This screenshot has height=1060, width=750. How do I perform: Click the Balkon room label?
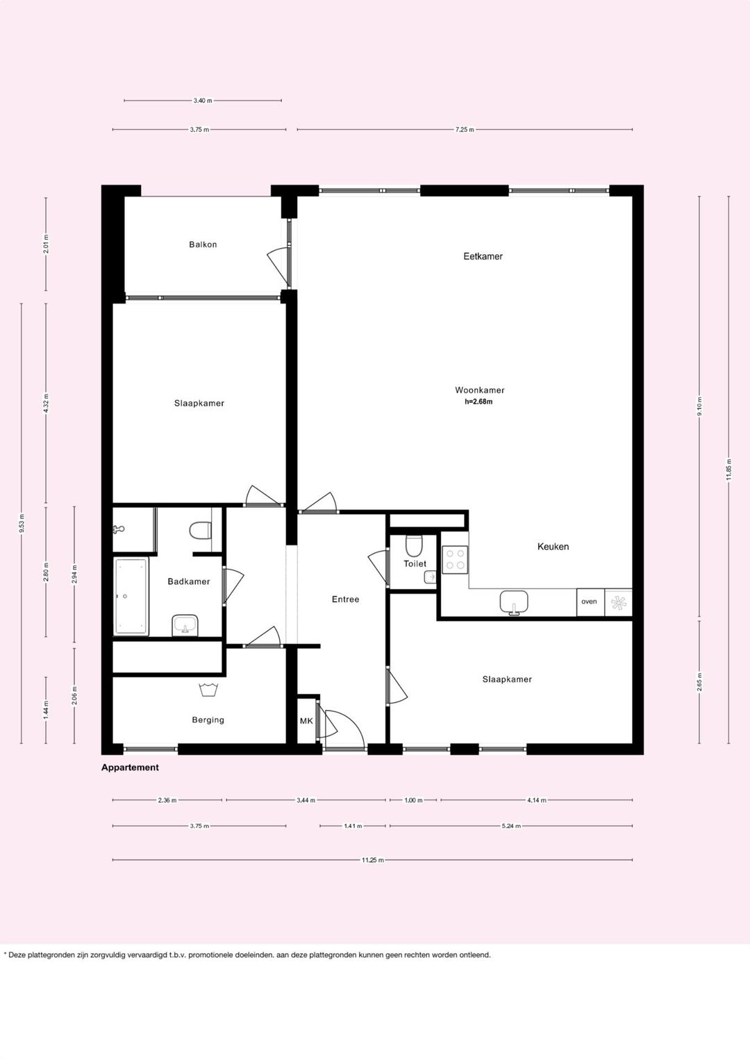(x=203, y=245)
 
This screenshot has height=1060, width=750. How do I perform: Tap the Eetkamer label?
(x=483, y=256)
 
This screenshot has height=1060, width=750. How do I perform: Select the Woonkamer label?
(x=480, y=390)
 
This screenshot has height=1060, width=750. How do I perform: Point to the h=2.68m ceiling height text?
(x=478, y=401)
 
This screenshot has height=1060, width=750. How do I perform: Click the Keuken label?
(x=553, y=547)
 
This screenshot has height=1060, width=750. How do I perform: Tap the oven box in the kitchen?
(x=590, y=602)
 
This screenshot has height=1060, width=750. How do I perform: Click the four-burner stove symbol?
(x=455, y=560)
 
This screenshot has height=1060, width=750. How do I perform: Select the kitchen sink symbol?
(x=514, y=602)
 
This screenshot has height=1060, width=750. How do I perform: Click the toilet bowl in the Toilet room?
(x=415, y=546)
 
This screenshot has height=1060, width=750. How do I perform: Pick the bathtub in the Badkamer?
(x=131, y=596)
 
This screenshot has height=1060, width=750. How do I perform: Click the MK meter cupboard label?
(x=306, y=721)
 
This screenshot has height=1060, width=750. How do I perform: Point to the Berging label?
(x=208, y=720)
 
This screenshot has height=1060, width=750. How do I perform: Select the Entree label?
(x=345, y=599)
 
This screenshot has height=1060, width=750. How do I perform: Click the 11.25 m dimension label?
(x=372, y=860)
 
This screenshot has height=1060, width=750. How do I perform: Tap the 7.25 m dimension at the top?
(x=465, y=129)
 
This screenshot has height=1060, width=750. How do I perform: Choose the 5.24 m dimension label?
(x=511, y=826)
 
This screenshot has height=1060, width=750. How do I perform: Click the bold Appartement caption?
(x=130, y=768)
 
